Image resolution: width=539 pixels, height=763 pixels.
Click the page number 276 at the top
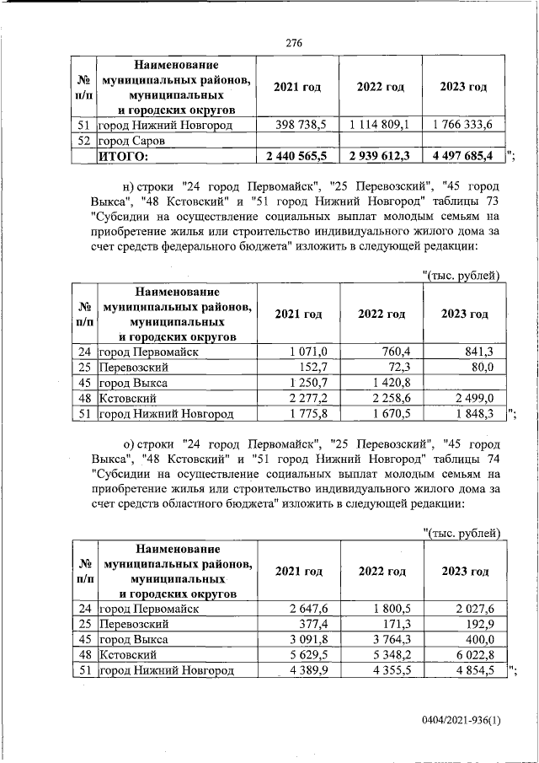click(293, 43)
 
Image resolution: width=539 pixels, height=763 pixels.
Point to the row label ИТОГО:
click(124, 156)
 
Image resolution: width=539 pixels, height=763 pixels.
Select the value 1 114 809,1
click(379, 125)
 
